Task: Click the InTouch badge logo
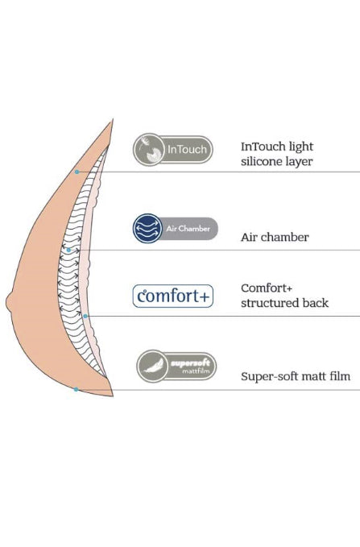click(x=172, y=149)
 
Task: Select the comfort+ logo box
click(x=173, y=296)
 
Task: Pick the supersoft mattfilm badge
click(x=176, y=366)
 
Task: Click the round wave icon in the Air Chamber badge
click(x=147, y=228)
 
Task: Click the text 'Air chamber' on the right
click(x=274, y=238)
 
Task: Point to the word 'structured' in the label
click(x=270, y=303)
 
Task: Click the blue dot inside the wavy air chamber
click(x=69, y=250)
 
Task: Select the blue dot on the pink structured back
click(x=85, y=315)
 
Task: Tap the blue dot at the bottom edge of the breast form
click(x=76, y=390)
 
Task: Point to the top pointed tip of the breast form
click(x=112, y=122)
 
